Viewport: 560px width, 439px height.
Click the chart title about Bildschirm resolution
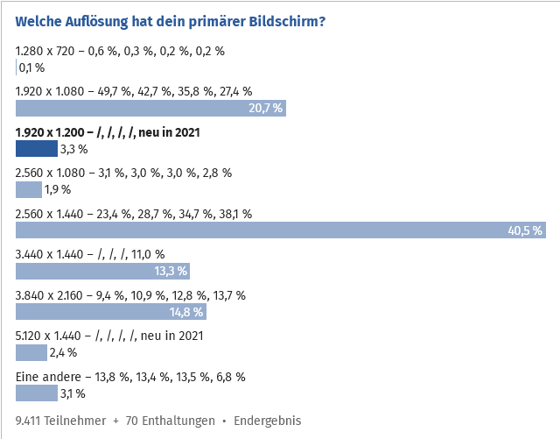tap(171, 20)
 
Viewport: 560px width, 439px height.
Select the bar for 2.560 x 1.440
tap(280, 230)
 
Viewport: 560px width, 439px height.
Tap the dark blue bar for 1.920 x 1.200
tap(37, 149)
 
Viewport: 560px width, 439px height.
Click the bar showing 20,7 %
tap(150, 109)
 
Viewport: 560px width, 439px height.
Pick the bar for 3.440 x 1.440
tap(101, 271)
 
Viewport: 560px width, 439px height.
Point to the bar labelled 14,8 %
tap(111, 311)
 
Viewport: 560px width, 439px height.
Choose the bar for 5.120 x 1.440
tap(31, 352)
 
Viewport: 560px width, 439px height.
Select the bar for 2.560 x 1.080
tap(29, 189)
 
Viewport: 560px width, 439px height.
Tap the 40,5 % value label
tap(525, 230)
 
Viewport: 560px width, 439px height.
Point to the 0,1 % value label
tap(31, 67)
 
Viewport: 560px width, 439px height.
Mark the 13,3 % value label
tap(170, 271)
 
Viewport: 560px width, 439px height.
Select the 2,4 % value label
tap(63, 352)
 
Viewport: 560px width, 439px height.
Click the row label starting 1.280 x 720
tap(120, 51)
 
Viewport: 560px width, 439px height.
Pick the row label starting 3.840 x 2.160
tap(130, 295)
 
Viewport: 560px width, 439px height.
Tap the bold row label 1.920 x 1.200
tap(108, 132)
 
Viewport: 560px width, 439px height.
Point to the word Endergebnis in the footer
tap(267, 421)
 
